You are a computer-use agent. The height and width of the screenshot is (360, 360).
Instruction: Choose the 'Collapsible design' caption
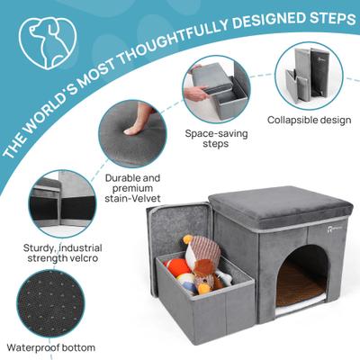pyautogui.click(x=309, y=119)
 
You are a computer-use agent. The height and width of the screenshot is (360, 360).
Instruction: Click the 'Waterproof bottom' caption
pyautogui.click(x=49, y=346)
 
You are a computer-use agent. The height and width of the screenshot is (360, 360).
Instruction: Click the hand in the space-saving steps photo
pyautogui.click(x=196, y=92)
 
